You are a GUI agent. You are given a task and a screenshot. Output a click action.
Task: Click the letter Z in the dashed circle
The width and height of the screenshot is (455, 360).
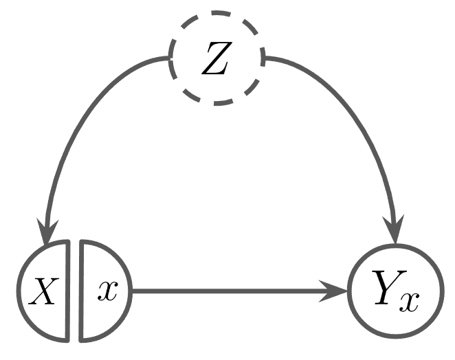click(x=216, y=60)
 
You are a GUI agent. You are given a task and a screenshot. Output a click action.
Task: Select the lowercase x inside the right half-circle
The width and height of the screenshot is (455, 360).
click(x=106, y=291)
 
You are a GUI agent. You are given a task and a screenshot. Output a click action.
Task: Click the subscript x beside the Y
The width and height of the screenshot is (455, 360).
click(x=410, y=300)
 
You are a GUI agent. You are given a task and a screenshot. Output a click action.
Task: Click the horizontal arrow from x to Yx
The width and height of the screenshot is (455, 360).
click(x=234, y=291)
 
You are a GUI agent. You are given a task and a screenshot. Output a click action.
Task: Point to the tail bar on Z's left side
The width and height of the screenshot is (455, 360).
click(x=170, y=59)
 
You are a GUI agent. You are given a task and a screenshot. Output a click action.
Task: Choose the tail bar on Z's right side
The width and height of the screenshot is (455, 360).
click(x=263, y=59)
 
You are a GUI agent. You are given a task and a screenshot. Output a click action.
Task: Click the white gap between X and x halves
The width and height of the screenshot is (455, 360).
click(x=75, y=291)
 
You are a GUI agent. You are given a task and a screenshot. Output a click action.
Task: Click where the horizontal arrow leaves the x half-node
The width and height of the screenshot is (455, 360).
click(x=132, y=291)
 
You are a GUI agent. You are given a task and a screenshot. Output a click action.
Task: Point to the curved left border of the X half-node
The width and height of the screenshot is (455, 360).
click(x=21, y=291)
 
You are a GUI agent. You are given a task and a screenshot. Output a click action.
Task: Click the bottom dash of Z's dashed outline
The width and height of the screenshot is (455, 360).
click(x=216, y=104)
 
